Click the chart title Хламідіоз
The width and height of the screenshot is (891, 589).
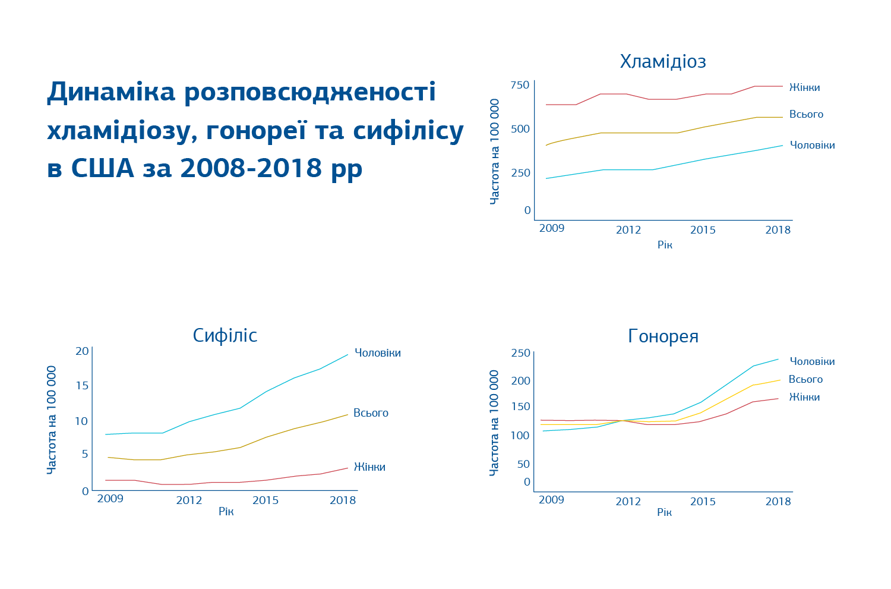[x=663, y=62]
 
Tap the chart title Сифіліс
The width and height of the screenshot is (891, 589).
[x=225, y=336]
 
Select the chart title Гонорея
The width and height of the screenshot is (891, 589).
[x=663, y=336]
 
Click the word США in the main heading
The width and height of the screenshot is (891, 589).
[x=102, y=168]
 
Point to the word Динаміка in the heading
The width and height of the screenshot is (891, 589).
[x=111, y=92]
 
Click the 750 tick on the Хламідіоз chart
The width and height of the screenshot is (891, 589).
[x=519, y=85]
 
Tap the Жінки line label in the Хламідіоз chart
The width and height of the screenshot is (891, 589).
[x=804, y=88]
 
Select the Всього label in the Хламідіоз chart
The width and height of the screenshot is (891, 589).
[x=806, y=114]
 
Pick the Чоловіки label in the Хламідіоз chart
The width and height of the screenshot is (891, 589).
[x=812, y=145]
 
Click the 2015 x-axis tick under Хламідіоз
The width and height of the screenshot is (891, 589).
[x=703, y=230]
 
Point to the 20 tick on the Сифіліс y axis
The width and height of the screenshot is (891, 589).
[x=82, y=351]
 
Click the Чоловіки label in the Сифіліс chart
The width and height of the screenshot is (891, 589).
[x=377, y=353]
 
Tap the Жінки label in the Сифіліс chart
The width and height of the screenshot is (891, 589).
[x=369, y=467]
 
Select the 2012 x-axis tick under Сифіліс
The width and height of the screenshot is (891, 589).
[x=189, y=500]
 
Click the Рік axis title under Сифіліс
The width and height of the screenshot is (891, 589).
[x=226, y=512]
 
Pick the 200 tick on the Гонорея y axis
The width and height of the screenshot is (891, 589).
[x=520, y=381]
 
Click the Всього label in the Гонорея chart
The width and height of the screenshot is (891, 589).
[x=805, y=379]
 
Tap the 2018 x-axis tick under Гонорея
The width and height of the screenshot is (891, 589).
[x=778, y=502]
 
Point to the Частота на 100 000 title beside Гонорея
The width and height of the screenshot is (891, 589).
[x=494, y=423]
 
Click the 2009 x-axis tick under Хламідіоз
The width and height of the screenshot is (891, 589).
[x=551, y=229]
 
